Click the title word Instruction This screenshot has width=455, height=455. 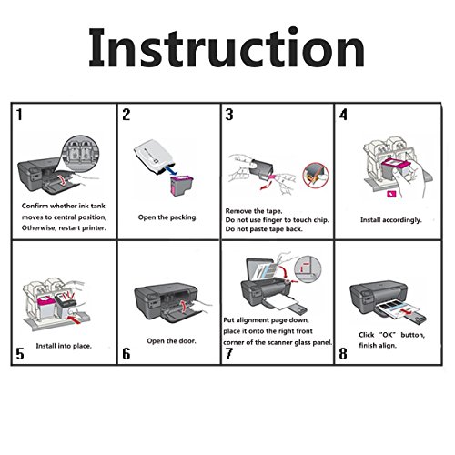click(x=227, y=47)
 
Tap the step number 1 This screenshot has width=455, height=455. click(x=20, y=115)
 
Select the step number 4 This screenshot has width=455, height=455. click(x=343, y=115)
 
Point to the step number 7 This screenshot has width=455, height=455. click(x=229, y=354)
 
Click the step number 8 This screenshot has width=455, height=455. click(x=343, y=354)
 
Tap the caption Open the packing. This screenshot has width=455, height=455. click(x=167, y=217)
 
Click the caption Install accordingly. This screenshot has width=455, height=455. click(x=391, y=219)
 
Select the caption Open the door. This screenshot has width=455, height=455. click(x=171, y=340)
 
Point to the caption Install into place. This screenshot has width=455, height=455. click(x=64, y=346)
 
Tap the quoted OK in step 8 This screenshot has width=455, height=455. click(x=388, y=335)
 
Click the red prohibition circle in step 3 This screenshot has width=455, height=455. click(x=316, y=175)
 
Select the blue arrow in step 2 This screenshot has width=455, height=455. click(x=171, y=169)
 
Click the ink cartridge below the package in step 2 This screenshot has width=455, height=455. click(x=182, y=187)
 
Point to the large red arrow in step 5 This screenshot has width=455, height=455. click(x=75, y=319)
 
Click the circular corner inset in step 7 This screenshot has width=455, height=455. click(x=308, y=268)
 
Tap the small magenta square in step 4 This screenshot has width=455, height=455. click(x=391, y=194)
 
